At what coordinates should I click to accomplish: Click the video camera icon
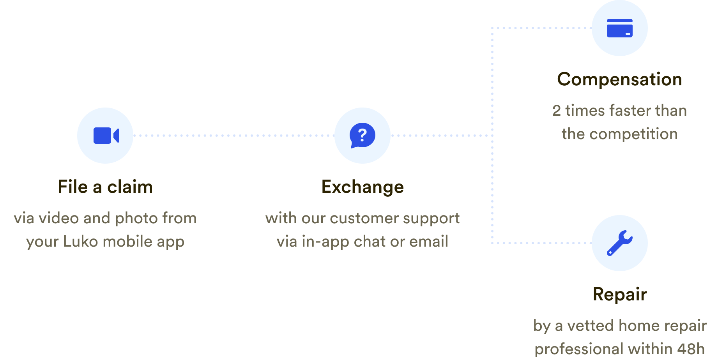(106, 136)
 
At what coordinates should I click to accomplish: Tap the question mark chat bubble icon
(362, 136)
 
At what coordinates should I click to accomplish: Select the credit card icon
(619, 28)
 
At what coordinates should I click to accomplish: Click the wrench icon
(619, 243)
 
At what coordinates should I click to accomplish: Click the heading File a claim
(105, 187)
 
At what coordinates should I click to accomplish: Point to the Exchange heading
(362, 187)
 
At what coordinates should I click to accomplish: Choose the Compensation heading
(620, 80)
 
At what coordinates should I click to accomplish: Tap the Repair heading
(620, 295)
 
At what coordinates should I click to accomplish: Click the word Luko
(80, 242)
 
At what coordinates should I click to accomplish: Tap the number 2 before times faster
(557, 111)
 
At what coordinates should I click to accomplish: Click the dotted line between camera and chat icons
(234, 136)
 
